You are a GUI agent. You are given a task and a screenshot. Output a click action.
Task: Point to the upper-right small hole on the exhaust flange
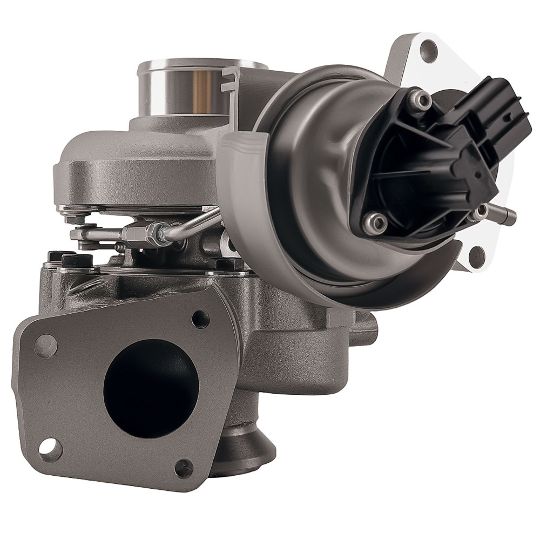pos(200,319)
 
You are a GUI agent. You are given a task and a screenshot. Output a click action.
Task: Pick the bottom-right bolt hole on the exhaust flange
pos(184,468)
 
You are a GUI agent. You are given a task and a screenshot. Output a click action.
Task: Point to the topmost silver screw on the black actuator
pos(420,99)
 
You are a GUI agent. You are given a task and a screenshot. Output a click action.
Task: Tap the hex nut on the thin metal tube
pos(157,234)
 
